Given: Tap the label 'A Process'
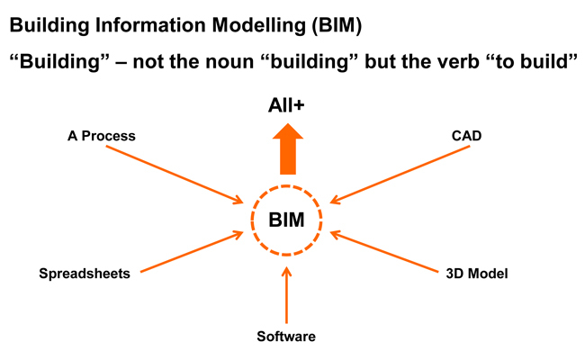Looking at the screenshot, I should (x=102, y=136).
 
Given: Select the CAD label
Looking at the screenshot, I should (x=466, y=136).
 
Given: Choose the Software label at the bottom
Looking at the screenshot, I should (x=286, y=337).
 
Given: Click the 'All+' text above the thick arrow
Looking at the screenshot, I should (x=287, y=105).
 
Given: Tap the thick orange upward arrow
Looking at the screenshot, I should (x=287, y=148).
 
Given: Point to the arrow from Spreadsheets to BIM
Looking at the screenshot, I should (x=191, y=251).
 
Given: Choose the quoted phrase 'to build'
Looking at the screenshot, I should (x=534, y=66).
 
